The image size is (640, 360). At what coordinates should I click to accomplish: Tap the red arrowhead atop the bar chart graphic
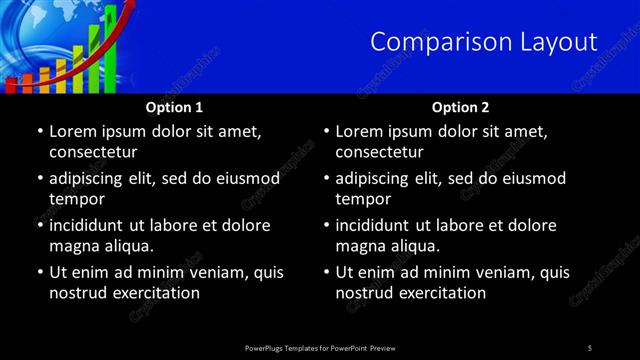click(x=129, y=9)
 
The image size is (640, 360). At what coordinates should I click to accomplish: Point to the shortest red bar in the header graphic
click(x=12, y=85)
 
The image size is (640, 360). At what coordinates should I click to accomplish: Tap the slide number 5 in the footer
click(x=590, y=347)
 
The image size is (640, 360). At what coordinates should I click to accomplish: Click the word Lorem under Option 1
click(x=73, y=131)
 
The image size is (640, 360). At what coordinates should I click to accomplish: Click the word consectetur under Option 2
click(x=379, y=153)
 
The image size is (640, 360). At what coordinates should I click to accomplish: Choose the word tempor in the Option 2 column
click(x=363, y=199)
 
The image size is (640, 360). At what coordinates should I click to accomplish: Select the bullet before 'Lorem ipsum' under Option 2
click(x=326, y=131)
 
